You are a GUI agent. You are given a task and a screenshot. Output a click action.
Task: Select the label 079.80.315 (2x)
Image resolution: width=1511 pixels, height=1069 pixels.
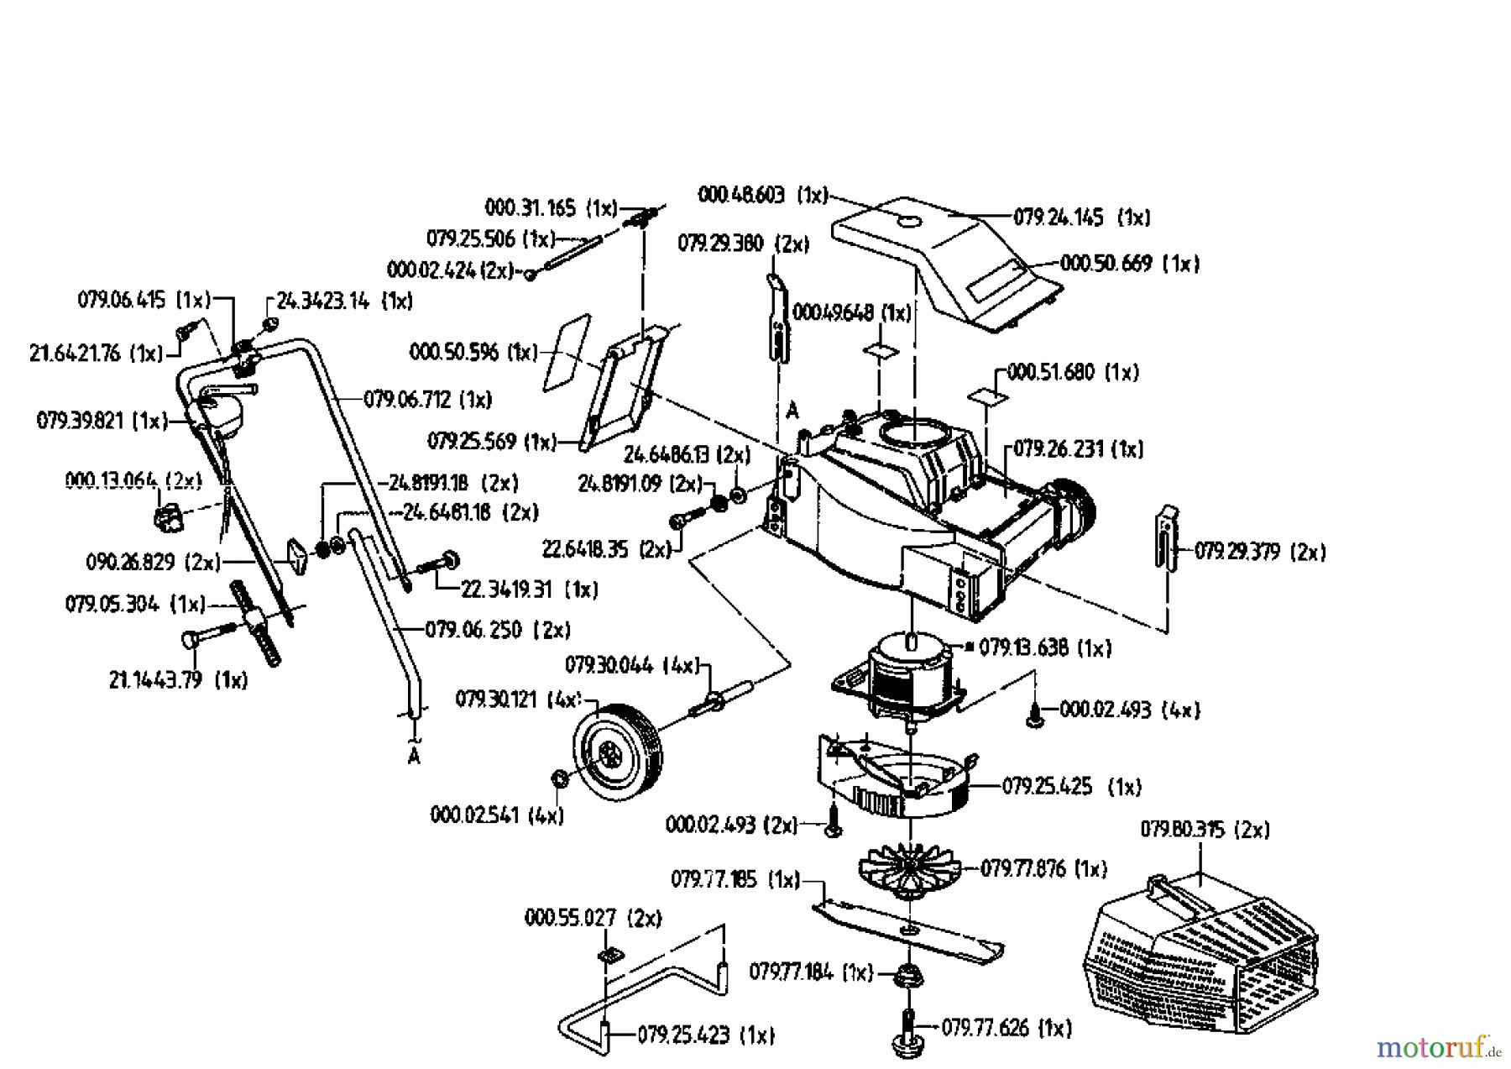click(1204, 831)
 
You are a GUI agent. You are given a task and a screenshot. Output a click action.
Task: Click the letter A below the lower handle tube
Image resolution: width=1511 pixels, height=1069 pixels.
click(413, 757)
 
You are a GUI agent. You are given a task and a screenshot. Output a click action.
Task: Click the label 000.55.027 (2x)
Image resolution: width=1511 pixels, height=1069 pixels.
click(593, 918)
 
